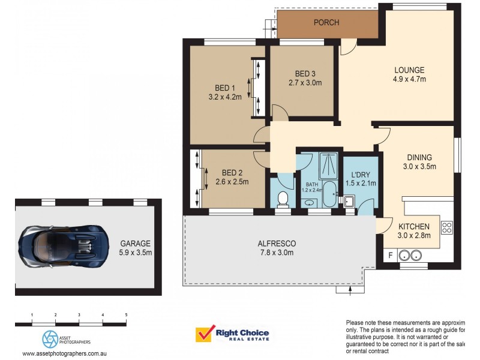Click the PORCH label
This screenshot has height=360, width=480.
[326, 23]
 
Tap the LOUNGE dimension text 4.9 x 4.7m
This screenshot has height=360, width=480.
[409, 79]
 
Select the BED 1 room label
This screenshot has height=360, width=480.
[225, 86]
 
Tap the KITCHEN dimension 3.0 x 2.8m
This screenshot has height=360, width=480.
[414, 236]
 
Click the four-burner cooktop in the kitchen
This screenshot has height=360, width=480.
[447, 227]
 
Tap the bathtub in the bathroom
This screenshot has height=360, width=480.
[329, 195]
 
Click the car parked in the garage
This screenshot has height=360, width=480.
[64, 246]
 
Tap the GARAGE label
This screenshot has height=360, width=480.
[136, 244]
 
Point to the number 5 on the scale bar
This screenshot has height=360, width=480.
[126, 314]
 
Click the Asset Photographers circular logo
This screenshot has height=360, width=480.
[50, 338]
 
